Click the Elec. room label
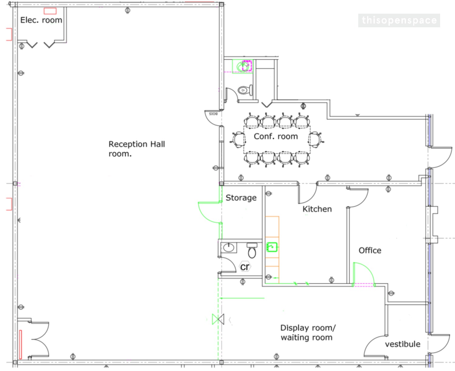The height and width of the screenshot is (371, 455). click(41, 20)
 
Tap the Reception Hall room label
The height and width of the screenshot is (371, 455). click(136, 149)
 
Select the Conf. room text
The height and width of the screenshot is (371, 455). click(276, 137)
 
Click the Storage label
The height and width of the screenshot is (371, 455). click(241, 198)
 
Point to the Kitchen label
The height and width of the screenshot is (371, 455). click(317, 209)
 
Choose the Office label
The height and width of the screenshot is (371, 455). click(370, 250)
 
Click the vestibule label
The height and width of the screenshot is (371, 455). click(403, 344)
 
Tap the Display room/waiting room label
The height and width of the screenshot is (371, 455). click(308, 332)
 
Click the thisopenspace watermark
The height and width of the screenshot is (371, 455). click(399, 21)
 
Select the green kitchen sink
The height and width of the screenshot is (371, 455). click(272, 247)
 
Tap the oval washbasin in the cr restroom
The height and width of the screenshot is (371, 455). click(228, 248)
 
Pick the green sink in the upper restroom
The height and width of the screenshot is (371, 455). click(242, 66)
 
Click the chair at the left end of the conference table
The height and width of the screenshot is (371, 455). click(238, 140)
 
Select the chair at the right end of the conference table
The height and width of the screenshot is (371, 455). click(316, 140)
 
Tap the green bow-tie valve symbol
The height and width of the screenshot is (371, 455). click(218, 319)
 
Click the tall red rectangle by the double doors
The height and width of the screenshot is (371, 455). click(21, 344)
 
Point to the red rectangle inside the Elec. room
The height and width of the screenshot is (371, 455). click(50, 11)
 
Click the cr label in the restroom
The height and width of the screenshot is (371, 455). click(245, 267)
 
